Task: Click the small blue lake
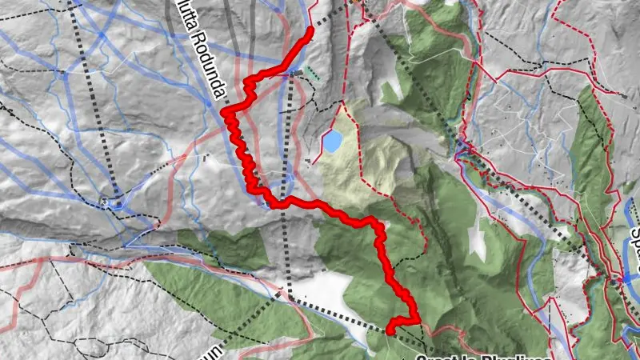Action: point(331,142)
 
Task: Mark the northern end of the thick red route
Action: point(310,30)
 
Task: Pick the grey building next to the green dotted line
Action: point(297,73)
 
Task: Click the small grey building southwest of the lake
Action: point(309,161)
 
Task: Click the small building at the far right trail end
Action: point(622,95)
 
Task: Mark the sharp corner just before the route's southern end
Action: point(416,319)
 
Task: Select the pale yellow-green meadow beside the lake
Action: point(364,160)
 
